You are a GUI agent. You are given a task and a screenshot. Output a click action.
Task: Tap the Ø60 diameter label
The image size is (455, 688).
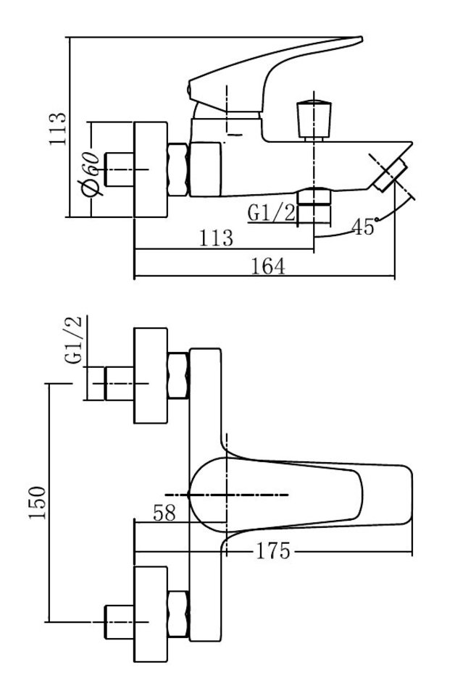click(x=91, y=173)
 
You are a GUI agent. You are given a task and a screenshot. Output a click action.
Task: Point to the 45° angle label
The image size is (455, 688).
click(x=363, y=227)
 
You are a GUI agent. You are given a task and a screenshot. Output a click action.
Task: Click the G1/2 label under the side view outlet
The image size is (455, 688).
click(x=272, y=213)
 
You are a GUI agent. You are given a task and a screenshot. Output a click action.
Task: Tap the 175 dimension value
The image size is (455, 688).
click(x=272, y=551)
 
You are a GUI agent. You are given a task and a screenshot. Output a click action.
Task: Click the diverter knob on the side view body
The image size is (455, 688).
click(x=314, y=119)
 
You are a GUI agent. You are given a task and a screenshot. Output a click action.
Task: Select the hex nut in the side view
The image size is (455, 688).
click(x=178, y=169)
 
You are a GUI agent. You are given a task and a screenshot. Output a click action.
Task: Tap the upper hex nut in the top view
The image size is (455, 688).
click(x=178, y=375)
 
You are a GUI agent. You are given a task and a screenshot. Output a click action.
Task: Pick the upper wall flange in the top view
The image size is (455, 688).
click(x=151, y=375)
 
